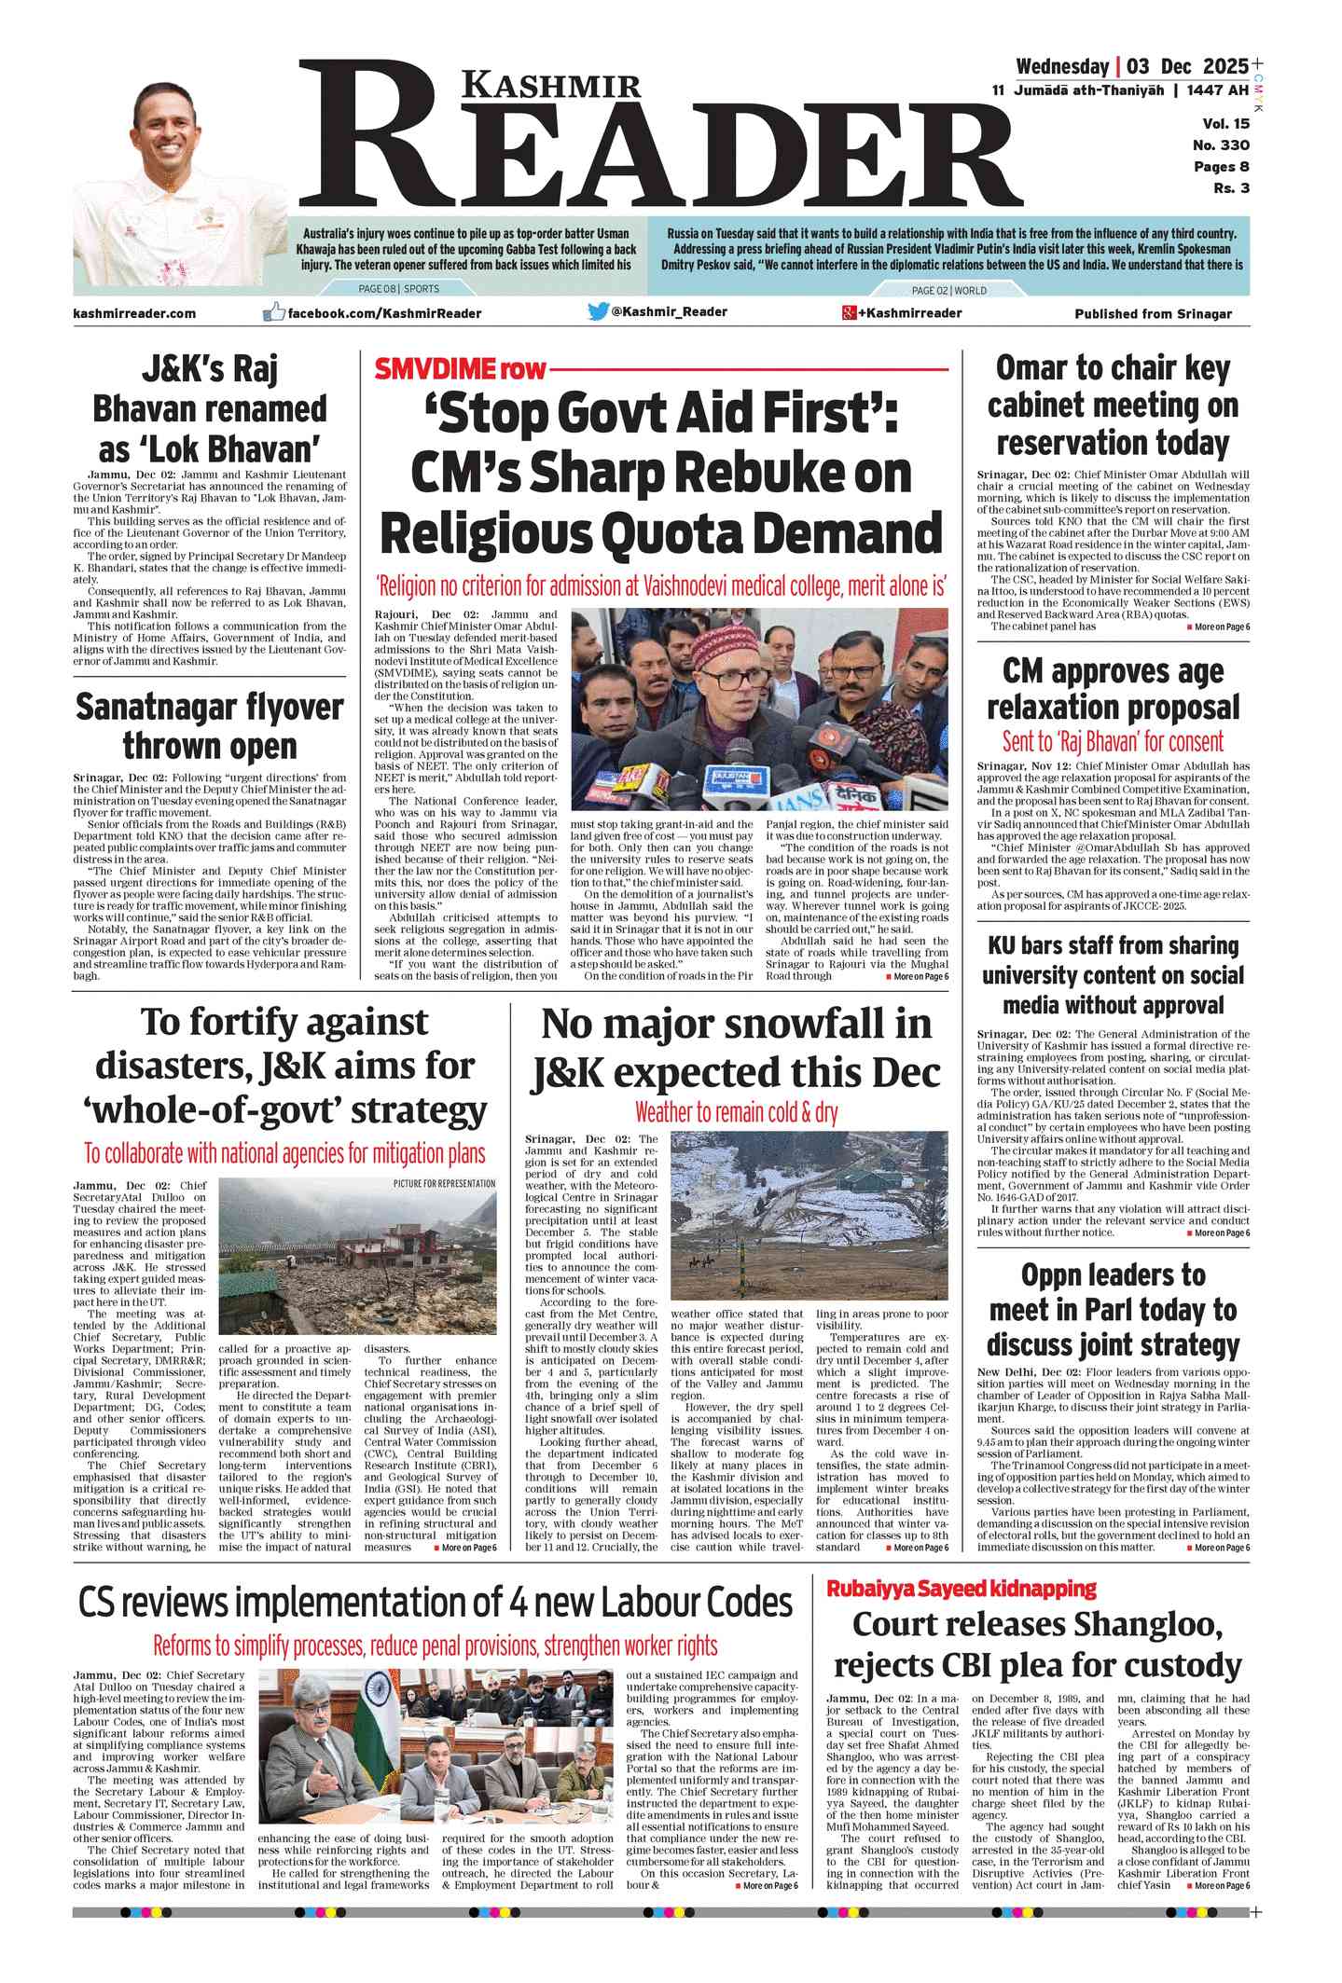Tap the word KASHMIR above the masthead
[551, 86]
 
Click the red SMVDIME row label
[460, 370]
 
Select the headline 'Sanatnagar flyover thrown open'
[210, 726]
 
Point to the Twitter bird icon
[598, 312]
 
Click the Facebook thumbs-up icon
[273, 312]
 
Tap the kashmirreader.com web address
[134, 313]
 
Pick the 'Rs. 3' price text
[1231, 188]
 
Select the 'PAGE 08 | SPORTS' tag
[399, 289]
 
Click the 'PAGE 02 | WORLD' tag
[948, 290]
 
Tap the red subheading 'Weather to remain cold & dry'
[736, 1112]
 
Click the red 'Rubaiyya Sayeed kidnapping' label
[962, 1589]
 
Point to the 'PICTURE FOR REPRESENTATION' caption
[444, 1184]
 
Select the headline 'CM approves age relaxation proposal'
[1113, 689]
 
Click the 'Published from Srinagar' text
[1153, 314]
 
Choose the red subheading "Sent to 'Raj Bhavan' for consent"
[1113, 742]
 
